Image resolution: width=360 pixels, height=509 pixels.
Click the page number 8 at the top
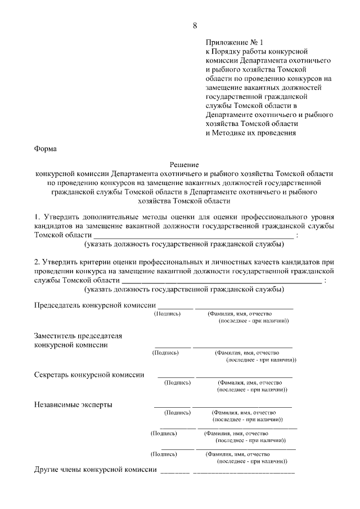(x=195, y=26)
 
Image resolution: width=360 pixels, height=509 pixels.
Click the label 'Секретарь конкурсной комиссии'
(x=89, y=375)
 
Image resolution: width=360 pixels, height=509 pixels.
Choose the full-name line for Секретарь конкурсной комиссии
(x=244, y=376)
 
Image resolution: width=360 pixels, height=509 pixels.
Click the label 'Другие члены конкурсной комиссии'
(x=95, y=470)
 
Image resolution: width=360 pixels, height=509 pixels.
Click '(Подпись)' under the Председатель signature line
(x=167, y=313)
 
